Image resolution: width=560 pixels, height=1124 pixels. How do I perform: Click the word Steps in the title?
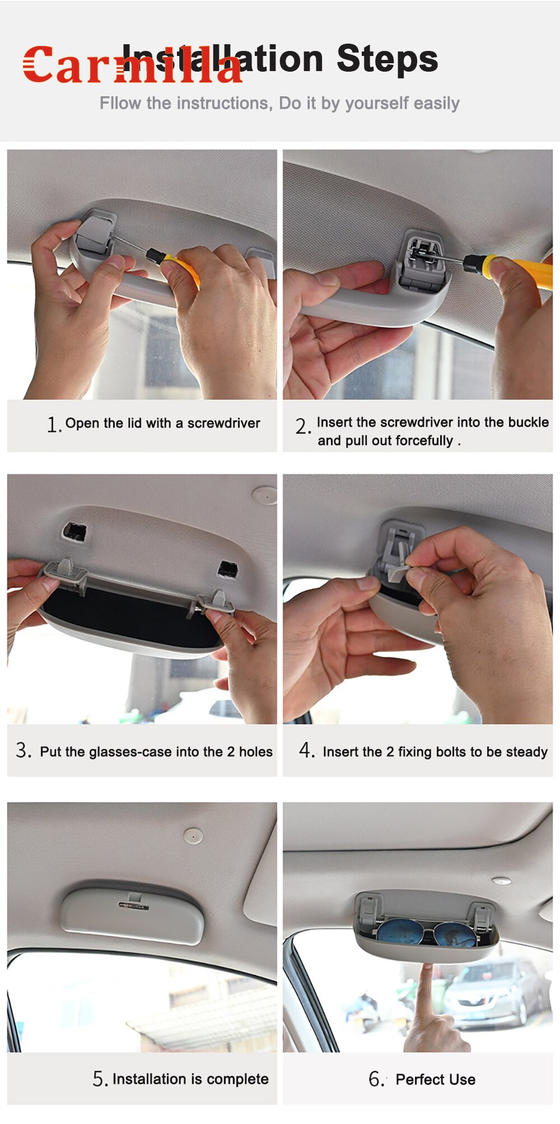pyautogui.click(x=387, y=59)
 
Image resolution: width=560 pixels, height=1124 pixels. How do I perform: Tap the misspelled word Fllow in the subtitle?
pyautogui.click(x=120, y=104)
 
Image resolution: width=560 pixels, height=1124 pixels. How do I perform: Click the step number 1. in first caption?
pyautogui.click(x=54, y=425)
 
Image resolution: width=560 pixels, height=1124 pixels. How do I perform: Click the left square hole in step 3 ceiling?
pyautogui.click(x=74, y=531)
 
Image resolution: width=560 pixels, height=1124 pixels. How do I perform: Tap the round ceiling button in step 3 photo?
pyautogui.click(x=264, y=495)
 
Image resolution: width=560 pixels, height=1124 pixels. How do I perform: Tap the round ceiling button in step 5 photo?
pyautogui.click(x=193, y=836)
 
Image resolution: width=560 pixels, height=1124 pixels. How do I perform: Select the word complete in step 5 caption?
pyautogui.click(x=237, y=1079)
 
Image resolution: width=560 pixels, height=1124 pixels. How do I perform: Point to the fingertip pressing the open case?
pyautogui.click(x=427, y=967)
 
